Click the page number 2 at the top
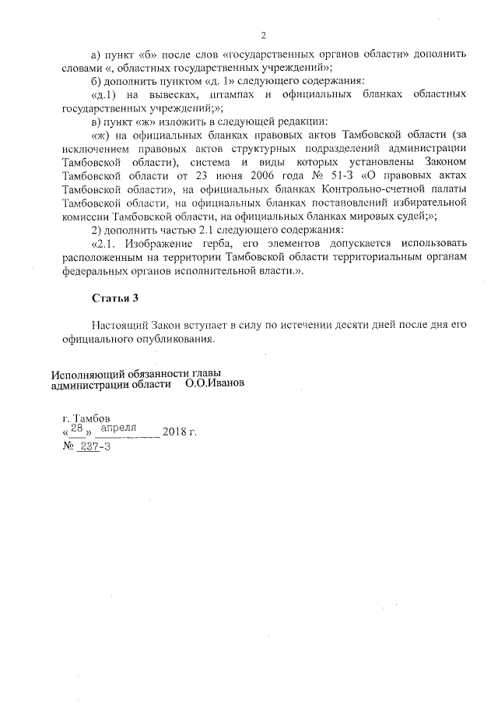click(264, 35)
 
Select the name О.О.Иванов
click(215, 384)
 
